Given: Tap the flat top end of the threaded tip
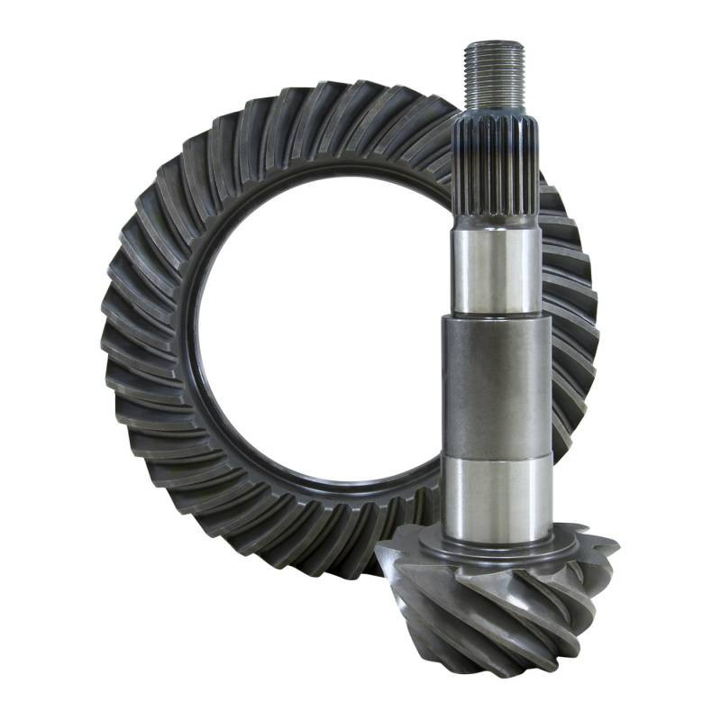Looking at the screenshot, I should pyautogui.click(x=495, y=43).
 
